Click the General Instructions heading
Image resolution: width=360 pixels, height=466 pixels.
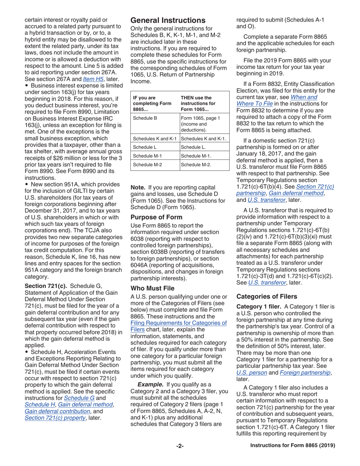(168, 20)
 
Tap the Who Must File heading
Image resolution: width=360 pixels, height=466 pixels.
(152, 277)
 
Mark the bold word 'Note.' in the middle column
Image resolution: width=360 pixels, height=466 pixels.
(138, 187)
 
